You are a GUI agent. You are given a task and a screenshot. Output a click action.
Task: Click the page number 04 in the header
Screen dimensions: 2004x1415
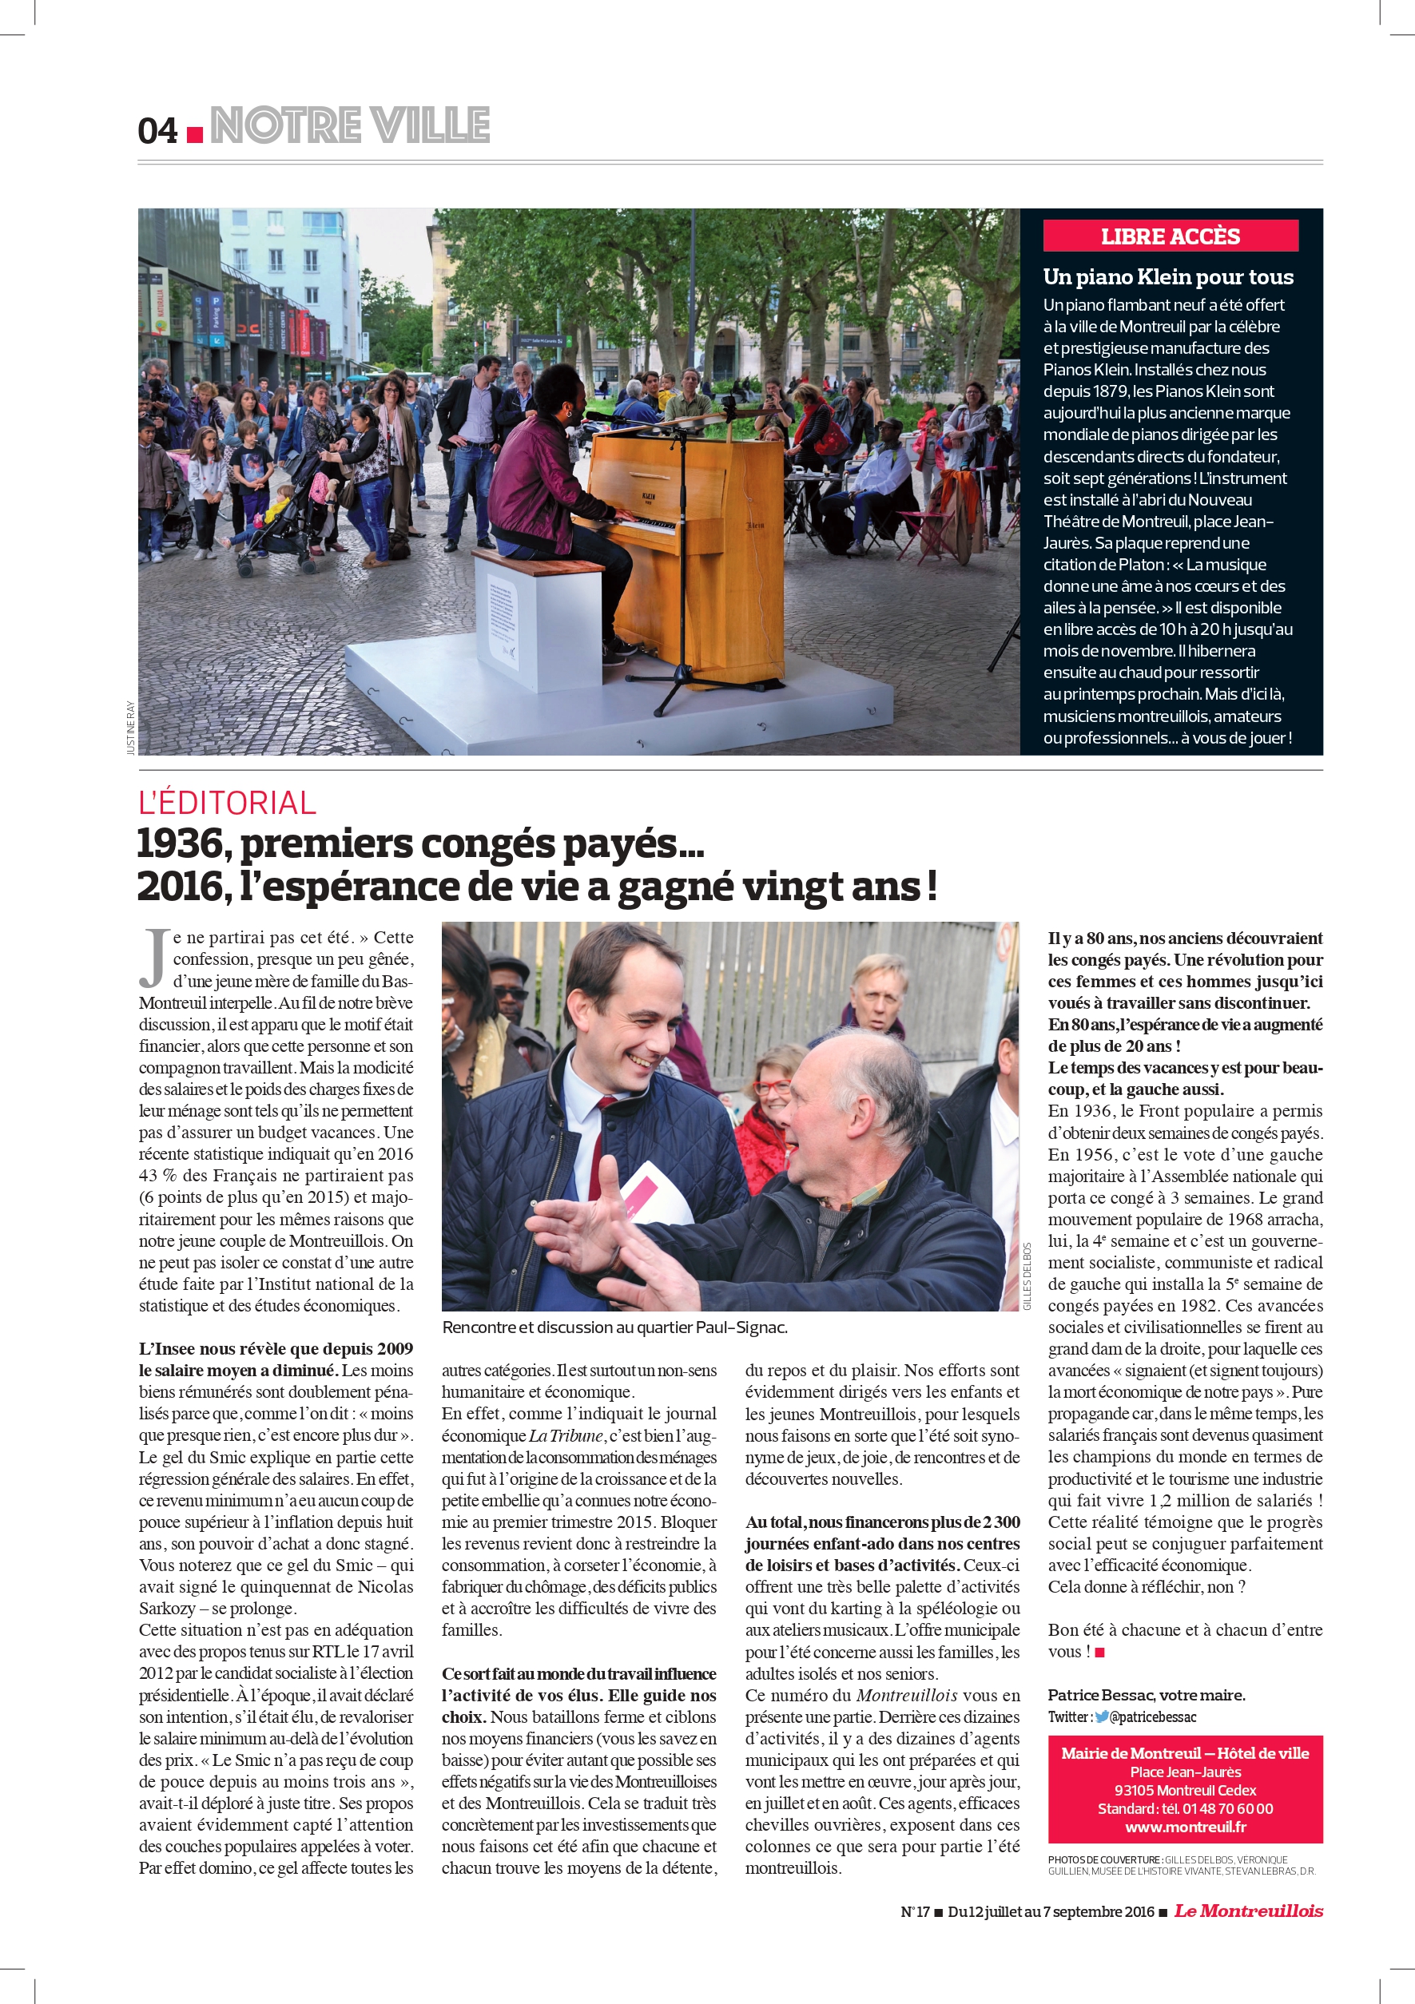(x=157, y=132)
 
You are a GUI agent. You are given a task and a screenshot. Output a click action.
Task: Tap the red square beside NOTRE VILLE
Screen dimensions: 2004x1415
(x=196, y=134)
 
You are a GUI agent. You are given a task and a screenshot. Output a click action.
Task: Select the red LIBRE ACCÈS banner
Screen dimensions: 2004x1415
(x=1170, y=236)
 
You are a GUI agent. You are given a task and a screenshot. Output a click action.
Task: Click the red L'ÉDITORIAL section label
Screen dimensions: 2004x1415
(x=227, y=803)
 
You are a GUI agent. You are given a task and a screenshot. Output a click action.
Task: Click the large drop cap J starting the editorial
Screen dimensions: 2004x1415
(x=154, y=958)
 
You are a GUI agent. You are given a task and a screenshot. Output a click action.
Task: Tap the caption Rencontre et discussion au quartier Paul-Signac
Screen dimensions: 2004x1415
(x=614, y=1327)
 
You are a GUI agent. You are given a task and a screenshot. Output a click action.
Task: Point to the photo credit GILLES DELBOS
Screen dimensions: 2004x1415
(x=1027, y=1276)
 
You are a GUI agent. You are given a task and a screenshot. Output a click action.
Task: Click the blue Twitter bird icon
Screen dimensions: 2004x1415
(x=1102, y=1716)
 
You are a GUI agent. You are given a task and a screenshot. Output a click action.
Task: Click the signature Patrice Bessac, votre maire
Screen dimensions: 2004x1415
(x=1146, y=1695)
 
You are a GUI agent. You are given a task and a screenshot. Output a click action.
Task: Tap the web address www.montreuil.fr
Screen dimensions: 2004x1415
(x=1185, y=1827)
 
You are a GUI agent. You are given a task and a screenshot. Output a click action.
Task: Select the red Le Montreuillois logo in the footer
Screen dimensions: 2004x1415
(x=1248, y=1911)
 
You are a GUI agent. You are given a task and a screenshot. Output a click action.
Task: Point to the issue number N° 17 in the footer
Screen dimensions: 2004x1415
(x=915, y=1912)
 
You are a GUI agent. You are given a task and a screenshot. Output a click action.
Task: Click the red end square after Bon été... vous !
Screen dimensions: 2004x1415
(x=1100, y=1653)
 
